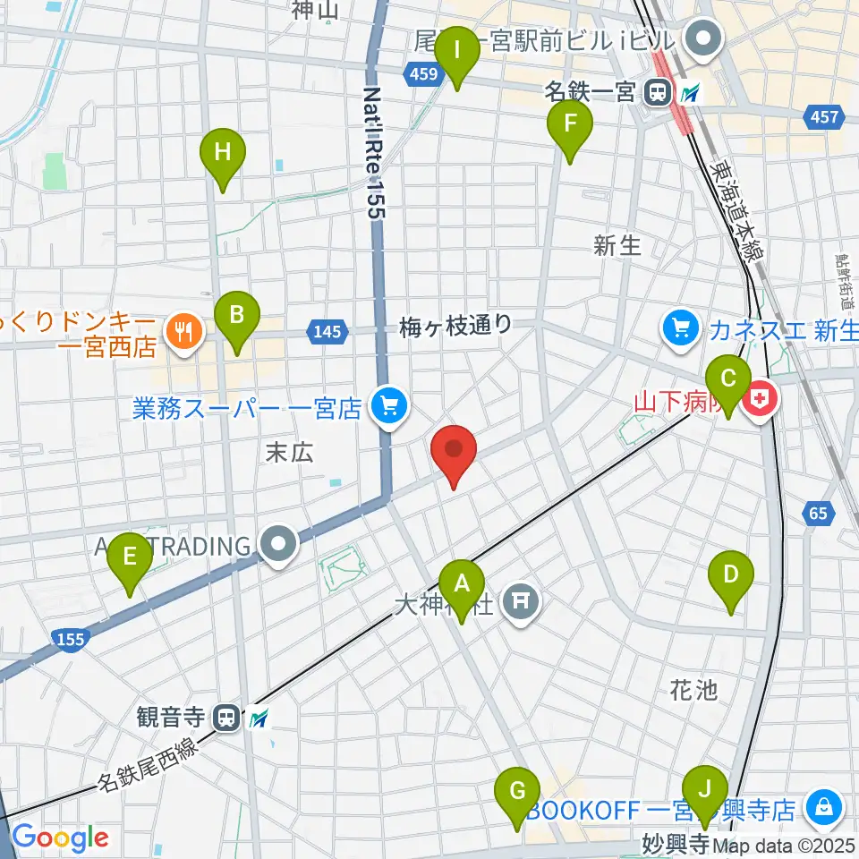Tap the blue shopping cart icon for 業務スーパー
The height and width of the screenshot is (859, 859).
click(x=388, y=407)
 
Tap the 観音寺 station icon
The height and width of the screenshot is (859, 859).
click(x=227, y=717)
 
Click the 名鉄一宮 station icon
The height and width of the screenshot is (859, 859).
click(x=659, y=90)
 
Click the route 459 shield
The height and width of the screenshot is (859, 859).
click(x=426, y=75)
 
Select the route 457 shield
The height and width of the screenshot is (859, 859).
click(x=822, y=116)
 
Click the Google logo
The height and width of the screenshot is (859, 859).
click(x=59, y=838)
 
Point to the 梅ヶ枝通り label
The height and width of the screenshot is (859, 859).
click(x=455, y=327)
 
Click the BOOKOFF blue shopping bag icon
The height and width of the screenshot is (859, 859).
click(x=821, y=809)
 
